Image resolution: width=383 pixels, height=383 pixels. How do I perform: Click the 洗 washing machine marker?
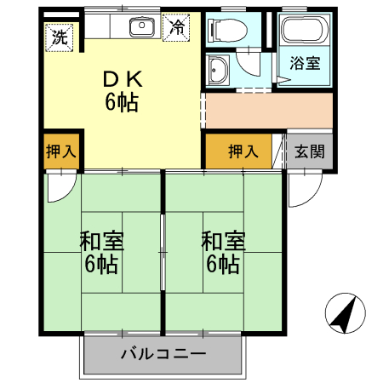[x=60, y=37]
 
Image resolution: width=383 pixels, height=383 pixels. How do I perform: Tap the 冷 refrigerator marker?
[x=177, y=27]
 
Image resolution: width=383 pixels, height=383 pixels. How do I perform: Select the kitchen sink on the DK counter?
[x=141, y=27]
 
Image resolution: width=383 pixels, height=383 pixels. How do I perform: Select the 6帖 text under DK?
[x=123, y=103]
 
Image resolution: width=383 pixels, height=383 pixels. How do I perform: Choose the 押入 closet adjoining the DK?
[x=60, y=151]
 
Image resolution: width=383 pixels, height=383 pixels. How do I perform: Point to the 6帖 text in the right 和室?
[x=223, y=264]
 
